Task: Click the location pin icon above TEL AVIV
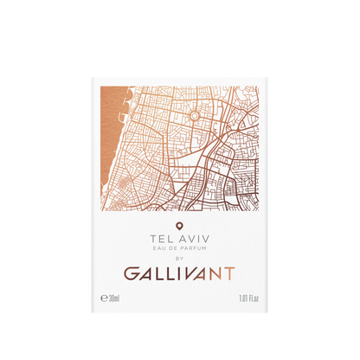click(179, 227)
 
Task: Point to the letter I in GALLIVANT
click(175, 274)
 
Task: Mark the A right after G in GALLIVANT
click(146, 274)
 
